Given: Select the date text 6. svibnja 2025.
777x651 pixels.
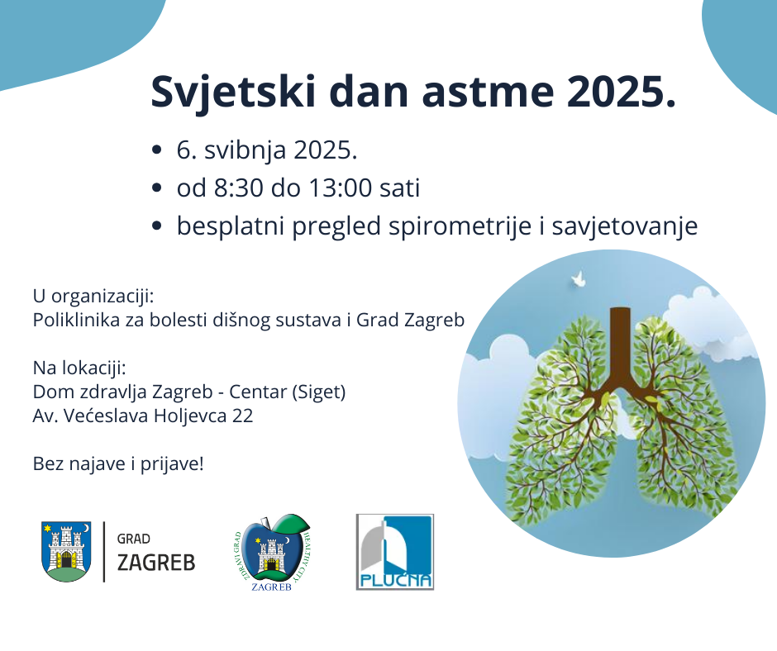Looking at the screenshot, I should tap(266, 151).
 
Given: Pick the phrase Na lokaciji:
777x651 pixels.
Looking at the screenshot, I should tap(79, 368).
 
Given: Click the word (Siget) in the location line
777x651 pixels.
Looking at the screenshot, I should tap(319, 392).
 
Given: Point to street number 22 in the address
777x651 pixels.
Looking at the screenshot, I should tap(243, 416).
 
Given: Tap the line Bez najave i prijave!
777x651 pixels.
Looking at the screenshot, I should tap(117, 463).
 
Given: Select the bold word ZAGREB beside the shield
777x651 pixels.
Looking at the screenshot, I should tap(156, 563).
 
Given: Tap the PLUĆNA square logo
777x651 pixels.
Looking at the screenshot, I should tap(394, 552).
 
